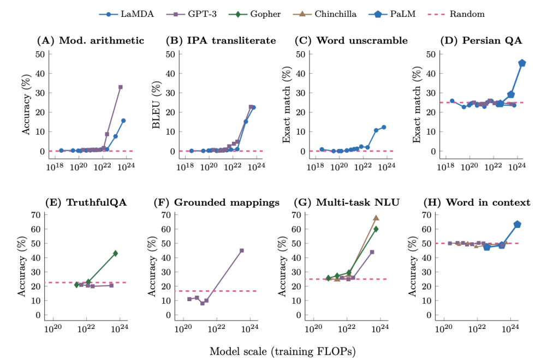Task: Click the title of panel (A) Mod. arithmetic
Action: point(90,40)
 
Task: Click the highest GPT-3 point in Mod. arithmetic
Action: point(121,87)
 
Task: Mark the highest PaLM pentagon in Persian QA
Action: point(522,63)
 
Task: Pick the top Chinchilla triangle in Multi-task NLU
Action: point(376,218)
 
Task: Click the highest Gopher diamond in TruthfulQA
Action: point(115,253)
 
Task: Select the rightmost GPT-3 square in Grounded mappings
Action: point(242,250)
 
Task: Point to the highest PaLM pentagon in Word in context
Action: point(518,224)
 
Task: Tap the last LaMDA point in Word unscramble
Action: point(384,127)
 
